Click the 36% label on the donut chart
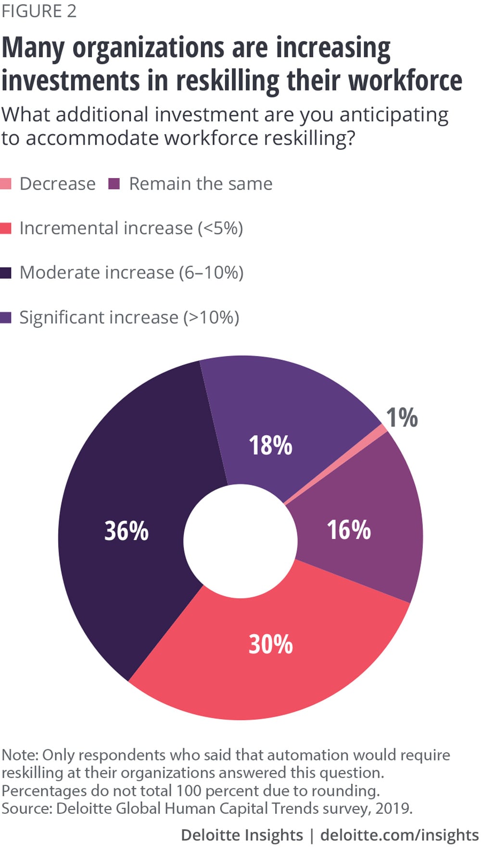click(127, 531)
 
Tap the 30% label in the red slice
click(270, 644)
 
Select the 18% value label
click(270, 445)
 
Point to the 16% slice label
click(349, 530)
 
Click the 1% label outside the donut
click(402, 417)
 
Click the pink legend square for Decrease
click(6, 184)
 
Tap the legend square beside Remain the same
click(114, 184)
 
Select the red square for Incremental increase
click(6, 228)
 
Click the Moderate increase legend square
click(6, 273)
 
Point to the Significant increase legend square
click(6, 318)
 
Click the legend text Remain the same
click(201, 184)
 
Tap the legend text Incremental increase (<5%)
click(131, 228)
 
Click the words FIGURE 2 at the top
click(39, 11)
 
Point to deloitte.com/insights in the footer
click(399, 835)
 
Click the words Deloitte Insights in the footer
click(241, 835)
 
